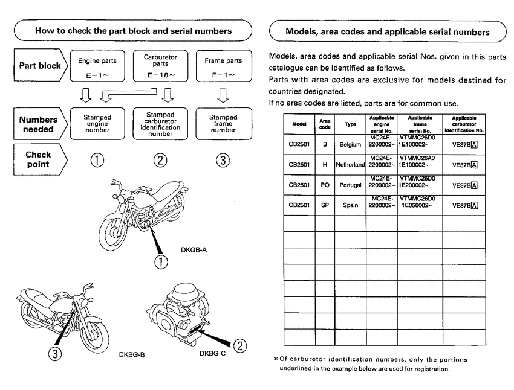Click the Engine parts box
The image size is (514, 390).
coord(97,66)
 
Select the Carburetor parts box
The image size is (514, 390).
coord(160,66)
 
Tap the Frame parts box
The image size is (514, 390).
coord(223,66)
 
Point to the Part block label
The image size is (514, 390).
coord(39,66)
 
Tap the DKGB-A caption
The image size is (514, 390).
coord(195,249)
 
